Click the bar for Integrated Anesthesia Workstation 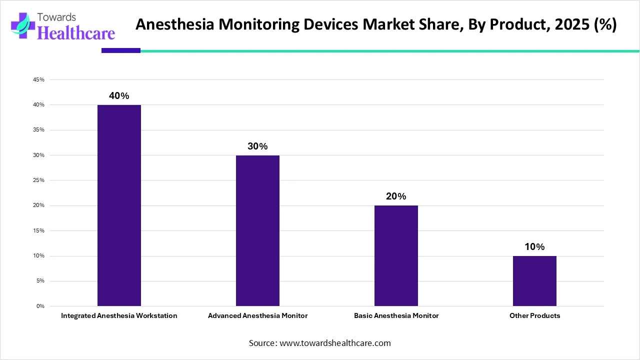coord(119,205)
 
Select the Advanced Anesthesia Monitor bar coord(257,230)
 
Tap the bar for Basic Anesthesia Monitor coord(396,255)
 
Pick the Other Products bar coord(534,280)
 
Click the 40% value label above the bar coord(119,96)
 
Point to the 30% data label coord(257,146)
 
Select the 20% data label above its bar coord(396,196)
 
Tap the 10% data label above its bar coord(534,247)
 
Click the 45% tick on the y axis coord(38,80)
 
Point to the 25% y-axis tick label coord(38,180)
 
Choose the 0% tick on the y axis coord(40,306)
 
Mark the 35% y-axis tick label coord(38,130)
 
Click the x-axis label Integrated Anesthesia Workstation coord(119,316)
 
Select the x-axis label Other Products coord(534,316)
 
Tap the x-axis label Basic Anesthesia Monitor coord(396,316)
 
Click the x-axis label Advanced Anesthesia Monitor coord(257,316)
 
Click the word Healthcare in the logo coord(76,33)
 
